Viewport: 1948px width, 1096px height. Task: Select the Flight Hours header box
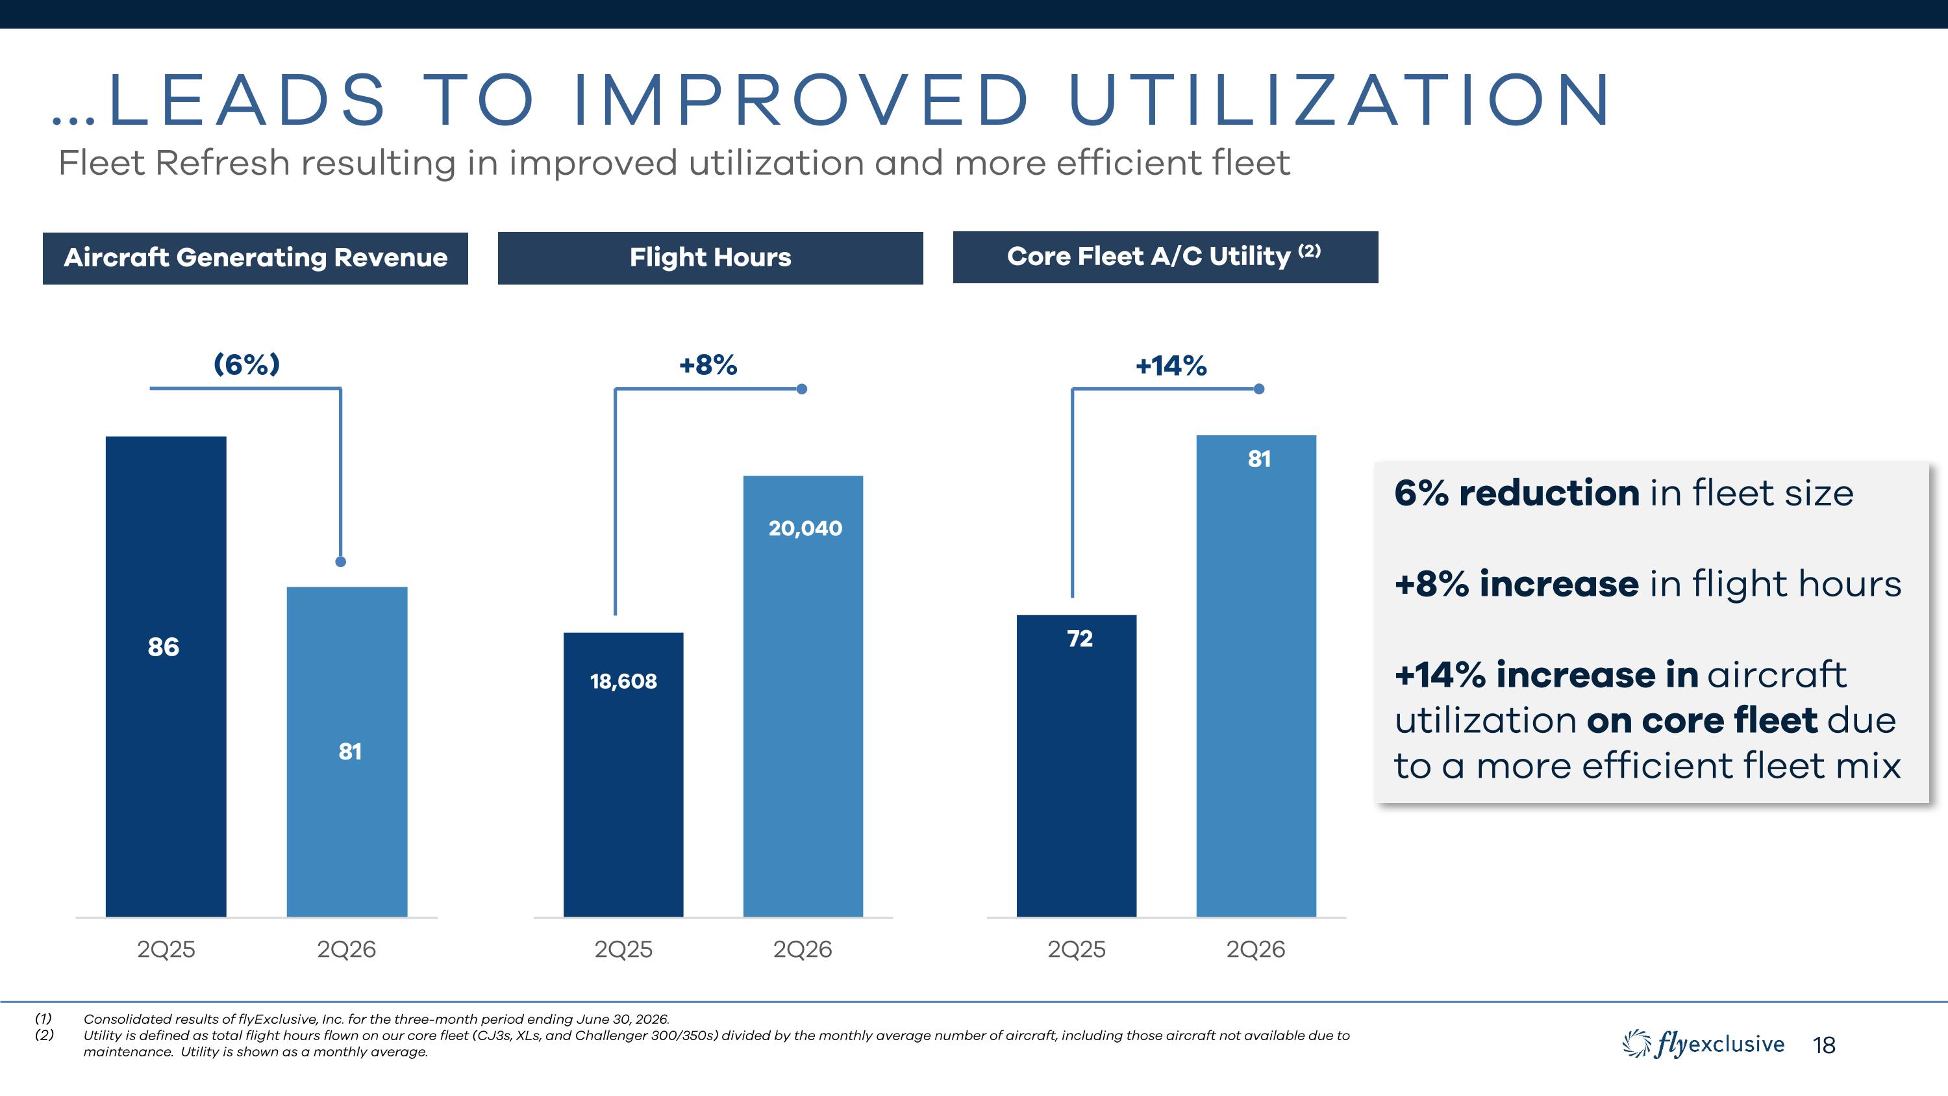(x=710, y=258)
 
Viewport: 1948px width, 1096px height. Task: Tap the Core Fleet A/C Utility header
(x=1166, y=257)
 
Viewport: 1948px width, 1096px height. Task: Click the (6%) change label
(x=247, y=364)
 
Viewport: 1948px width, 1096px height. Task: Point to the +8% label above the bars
(x=708, y=365)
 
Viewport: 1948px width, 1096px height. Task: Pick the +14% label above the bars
(x=1171, y=366)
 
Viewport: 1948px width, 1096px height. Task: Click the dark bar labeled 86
(x=166, y=676)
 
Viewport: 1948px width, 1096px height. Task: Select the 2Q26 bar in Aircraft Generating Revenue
(x=347, y=752)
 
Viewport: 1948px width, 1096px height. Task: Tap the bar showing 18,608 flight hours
(x=623, y=774)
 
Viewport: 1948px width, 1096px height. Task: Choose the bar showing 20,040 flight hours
(x=803, y=696)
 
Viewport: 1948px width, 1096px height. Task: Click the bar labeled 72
(x=1076, y=765)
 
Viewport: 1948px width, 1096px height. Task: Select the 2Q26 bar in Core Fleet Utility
(x=1256, y=676)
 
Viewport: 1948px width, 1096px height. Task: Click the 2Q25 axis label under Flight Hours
(x=623, y=949)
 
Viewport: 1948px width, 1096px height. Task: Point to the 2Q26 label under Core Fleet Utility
(x=1255, y=949)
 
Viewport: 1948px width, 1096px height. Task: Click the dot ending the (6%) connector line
(x=340, y=561)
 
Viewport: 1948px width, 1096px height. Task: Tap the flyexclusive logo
(x=1703, y=1045)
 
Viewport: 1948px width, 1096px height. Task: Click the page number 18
(x=1824, y=1045)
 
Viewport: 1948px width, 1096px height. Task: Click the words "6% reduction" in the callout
(x=1517, y=493)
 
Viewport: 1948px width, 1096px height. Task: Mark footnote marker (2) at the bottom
(x=44, y=1035)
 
